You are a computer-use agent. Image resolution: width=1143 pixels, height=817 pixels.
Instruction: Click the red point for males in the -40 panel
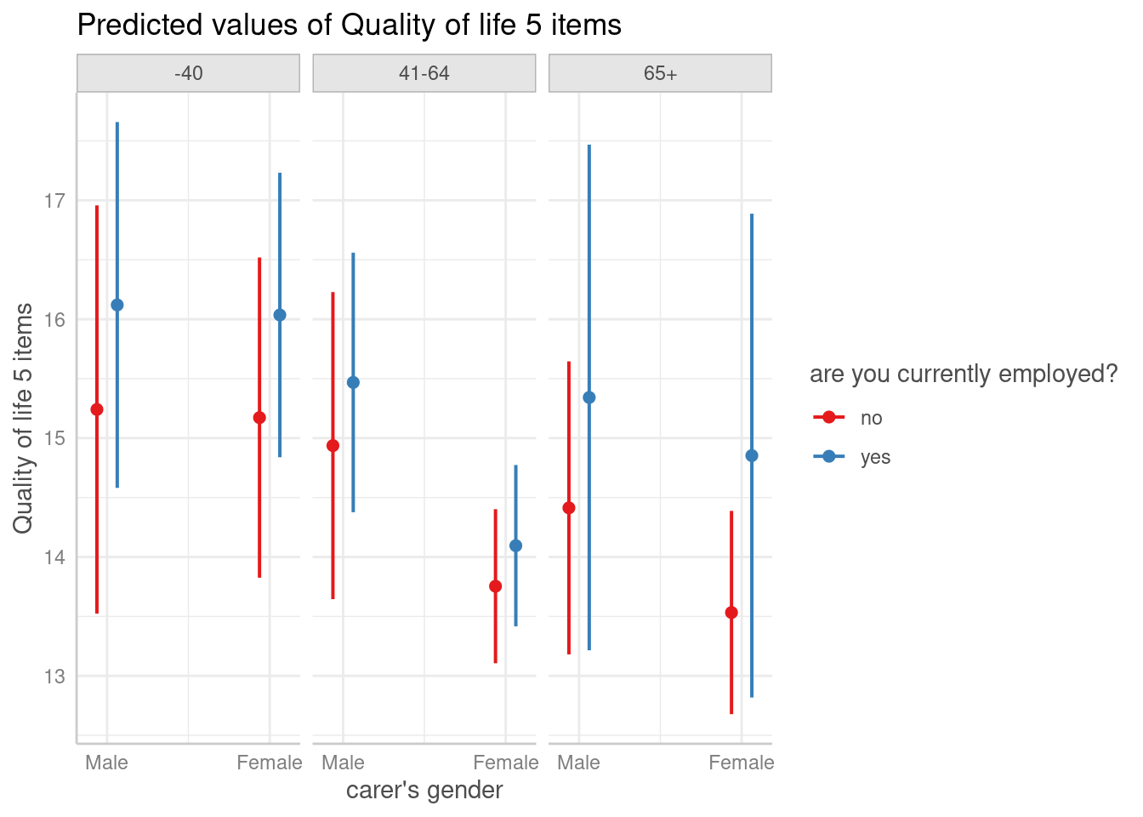(97, 409)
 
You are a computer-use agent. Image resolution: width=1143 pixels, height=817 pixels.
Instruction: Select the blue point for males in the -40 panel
(117, 305)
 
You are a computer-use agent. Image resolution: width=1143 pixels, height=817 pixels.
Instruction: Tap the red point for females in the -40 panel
(259, 418)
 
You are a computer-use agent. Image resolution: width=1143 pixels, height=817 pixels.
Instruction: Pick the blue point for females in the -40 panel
(280, 315)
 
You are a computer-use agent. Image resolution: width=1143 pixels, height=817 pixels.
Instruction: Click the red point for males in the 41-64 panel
(333, 445)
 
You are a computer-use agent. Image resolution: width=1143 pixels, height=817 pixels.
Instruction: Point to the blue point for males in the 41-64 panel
(353, 383)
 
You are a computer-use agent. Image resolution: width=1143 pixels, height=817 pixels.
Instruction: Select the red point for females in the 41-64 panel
(496, 586)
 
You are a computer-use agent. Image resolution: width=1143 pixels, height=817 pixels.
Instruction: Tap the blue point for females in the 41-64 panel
(516, 546)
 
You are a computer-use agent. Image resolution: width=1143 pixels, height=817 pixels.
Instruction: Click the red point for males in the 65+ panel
(569, 508)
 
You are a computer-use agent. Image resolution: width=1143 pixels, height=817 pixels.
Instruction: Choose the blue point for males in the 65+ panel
(589, 397)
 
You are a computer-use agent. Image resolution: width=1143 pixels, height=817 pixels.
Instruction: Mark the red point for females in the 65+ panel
(731, 612)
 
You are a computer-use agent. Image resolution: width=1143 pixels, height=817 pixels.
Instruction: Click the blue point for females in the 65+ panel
(752, 456)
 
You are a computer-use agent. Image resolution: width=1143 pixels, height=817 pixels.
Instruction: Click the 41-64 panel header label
(424, 73)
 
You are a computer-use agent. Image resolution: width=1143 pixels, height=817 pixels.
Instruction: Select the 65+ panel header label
(660, 73)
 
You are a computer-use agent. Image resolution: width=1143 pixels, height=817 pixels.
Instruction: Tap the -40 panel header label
(188, 73)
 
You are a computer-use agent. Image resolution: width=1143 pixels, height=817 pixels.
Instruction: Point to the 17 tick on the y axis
(55, 201)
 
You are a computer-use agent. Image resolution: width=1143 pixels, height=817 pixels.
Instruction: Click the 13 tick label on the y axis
(55, 677)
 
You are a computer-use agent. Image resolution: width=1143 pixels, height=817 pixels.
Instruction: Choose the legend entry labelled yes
(875, 457)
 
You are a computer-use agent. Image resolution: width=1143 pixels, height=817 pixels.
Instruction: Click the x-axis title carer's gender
(424, 791)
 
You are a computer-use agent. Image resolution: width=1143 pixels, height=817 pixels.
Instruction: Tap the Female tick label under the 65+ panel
(742, 763)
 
